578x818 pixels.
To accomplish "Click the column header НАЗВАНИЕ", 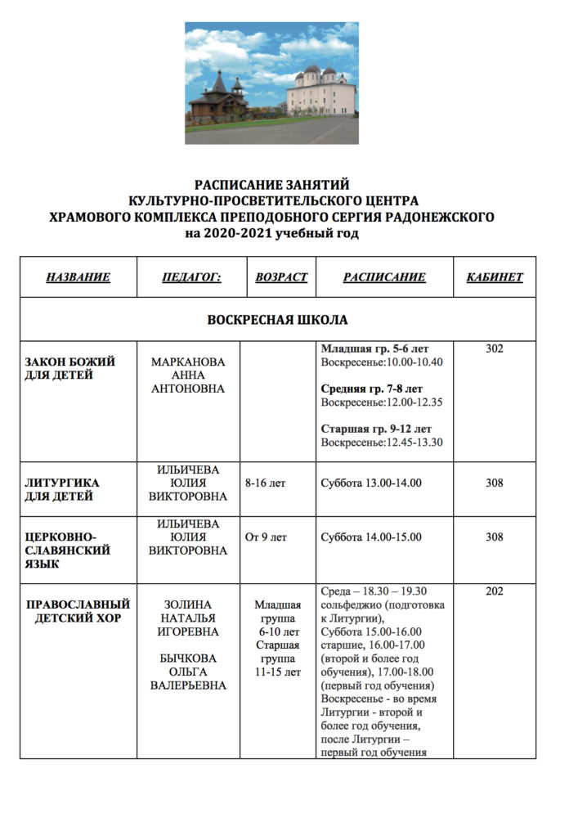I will coord(78,277).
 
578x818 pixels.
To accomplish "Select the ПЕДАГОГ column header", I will coord(192,277).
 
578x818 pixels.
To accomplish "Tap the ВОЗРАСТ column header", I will coord(281,277).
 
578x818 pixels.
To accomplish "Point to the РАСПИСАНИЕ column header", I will coord(384,277).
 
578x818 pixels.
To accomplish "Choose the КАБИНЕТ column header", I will coord(495,277).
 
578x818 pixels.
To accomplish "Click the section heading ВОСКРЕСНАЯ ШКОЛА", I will coord(277,319).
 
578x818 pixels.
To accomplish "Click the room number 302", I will coord(495,348).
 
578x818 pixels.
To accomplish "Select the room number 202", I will coord(495,591).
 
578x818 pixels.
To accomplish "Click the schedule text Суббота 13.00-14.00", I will coord(371,483).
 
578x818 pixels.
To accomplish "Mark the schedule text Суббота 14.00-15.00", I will coord(371,537).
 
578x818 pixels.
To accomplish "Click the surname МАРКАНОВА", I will coord(188,362).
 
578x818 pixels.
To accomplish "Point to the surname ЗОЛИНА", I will coord(188,605).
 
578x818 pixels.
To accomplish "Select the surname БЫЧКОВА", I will coord(188,658).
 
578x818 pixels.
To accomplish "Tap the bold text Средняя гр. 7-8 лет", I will coord(372,389).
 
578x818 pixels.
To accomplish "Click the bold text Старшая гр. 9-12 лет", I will coord(376,429).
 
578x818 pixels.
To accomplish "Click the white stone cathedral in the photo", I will coord(320,92).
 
